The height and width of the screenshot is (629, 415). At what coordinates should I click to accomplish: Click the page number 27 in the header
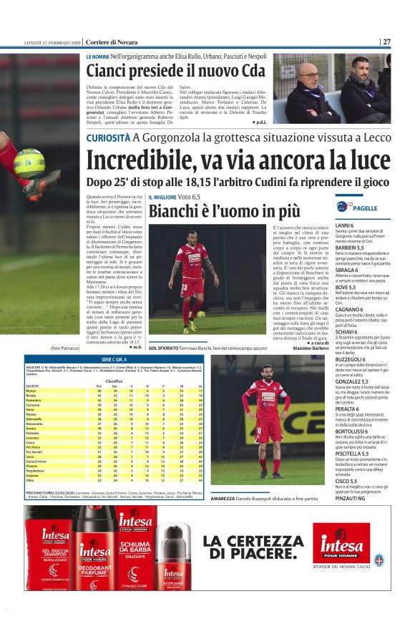[386, 42]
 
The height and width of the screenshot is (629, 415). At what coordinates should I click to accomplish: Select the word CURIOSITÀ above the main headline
[107, 138]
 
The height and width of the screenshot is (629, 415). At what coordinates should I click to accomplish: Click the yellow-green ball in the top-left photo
[29, 162]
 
